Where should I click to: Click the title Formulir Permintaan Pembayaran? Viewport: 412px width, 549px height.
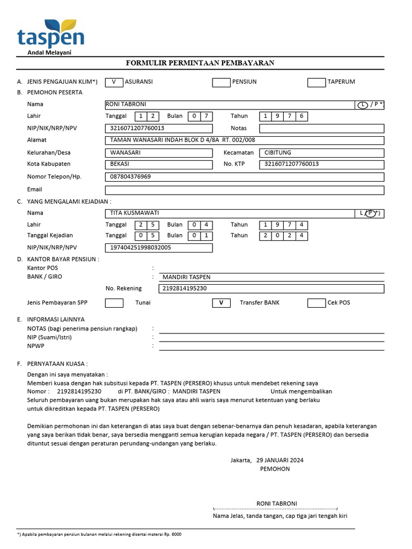click(x=200, y=63)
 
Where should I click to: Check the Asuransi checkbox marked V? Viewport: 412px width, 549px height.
click(x=114, y=82)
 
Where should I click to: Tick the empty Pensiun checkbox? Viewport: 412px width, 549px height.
click(x=221, y=82)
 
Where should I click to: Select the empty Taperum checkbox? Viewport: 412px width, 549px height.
click(x=316, y=82)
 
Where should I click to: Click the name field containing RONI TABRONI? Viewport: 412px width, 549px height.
click(x=230, y=105)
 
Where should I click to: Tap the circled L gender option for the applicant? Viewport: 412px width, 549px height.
click(x=363, y=105)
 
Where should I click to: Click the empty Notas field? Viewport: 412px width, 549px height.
click(x=321, y=129)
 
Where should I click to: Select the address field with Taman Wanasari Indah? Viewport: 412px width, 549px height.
click(x=244, y=140)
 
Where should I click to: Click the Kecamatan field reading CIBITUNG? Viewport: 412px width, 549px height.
click(x=321, y=153)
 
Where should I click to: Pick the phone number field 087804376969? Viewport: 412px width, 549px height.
click(x=244, y=177)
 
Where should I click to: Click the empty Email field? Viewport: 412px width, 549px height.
click(x=244, y=190)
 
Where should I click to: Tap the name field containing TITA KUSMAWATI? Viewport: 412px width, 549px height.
click(x=230, y=213)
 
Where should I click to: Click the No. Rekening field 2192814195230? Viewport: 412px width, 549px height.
click(x=271, y=288)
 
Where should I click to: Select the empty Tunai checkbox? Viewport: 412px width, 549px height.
click(x=114, y=303)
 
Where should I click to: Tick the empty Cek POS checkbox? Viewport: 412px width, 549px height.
click(x=316, y=303)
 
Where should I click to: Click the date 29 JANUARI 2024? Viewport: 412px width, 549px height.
click(x=280, y=460)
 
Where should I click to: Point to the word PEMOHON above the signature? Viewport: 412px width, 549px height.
click(x=275, y=469)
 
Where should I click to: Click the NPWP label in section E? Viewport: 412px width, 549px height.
click(x=36, y=346)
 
